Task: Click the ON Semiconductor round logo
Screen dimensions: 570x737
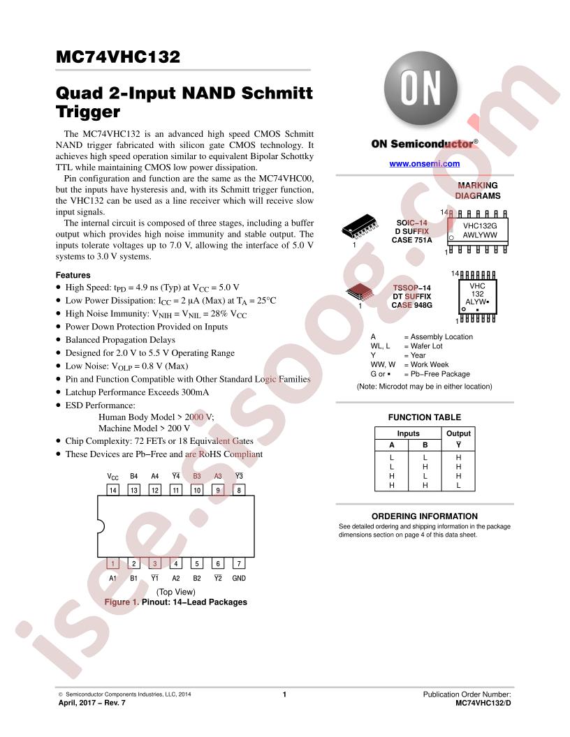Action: pos(421,89)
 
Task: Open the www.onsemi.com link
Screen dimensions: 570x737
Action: pos(424,163)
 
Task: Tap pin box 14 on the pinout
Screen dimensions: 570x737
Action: pos(113,490)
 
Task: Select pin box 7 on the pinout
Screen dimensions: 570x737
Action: pos(239,563)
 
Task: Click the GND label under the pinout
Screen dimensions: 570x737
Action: pos(239,578)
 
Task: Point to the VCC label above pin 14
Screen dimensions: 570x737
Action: pos(113,477)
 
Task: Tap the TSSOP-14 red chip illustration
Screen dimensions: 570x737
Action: pos(360,292)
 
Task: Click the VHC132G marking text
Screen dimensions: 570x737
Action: pos(480,225)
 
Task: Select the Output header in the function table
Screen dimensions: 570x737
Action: pos(458,433)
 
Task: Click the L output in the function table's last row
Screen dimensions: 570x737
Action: pos(458,486)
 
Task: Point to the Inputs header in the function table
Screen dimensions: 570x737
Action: pos(408,433)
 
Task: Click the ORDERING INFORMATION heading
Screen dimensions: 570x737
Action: pos(424,516)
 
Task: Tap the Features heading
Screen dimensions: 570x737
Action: pos(73,275)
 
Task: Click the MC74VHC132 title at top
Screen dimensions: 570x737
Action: pos(117,57)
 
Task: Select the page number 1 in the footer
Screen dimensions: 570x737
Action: pos(284,694)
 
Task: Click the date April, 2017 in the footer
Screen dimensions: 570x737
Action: pos(77,703)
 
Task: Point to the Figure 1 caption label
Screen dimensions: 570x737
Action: pos(122,602)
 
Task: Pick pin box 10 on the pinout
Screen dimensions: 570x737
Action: pos(197,490)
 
